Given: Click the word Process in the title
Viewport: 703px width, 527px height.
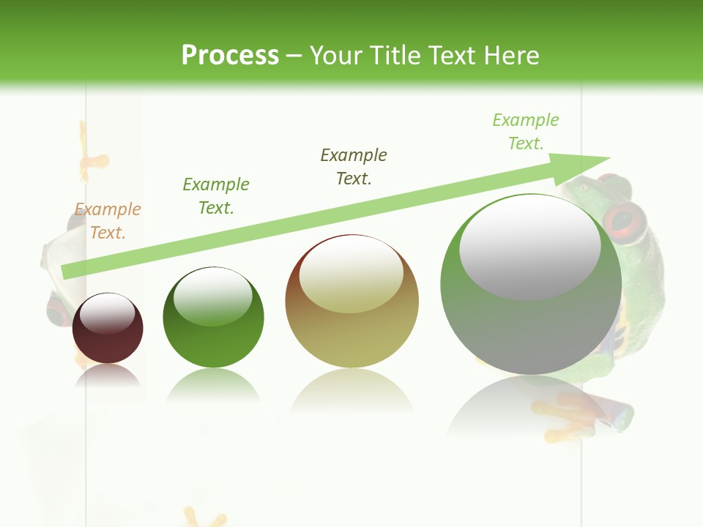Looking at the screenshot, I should pos(230,56).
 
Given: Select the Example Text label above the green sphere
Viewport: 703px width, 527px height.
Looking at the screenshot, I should pos(216,196).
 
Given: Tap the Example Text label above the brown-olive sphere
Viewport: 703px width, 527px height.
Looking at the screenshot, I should pos(354,167).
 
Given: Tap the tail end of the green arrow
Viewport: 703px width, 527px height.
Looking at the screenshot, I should pos(66,272).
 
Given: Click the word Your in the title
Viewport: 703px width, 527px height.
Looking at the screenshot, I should pos(338,56).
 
